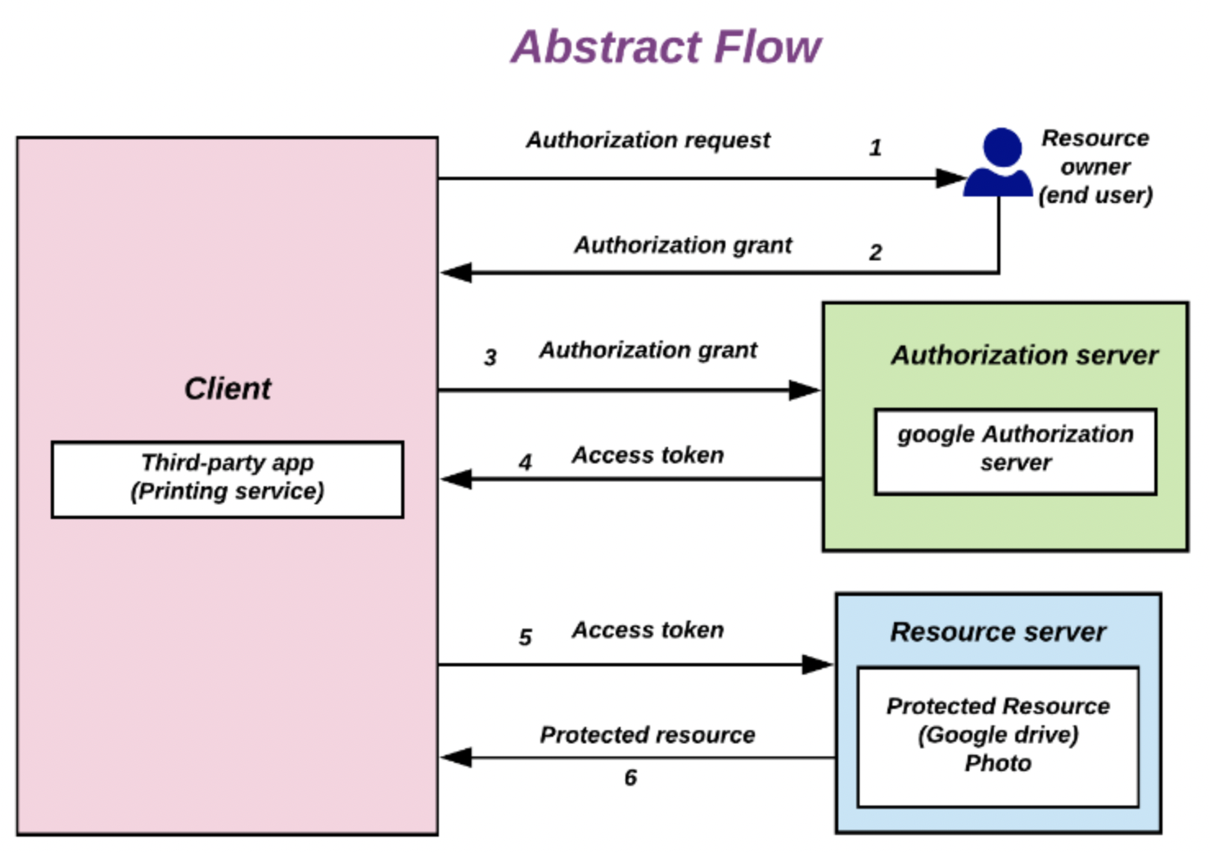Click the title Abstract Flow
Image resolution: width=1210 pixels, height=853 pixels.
point(666,47)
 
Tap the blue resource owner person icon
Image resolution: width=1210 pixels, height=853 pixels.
point(999,164)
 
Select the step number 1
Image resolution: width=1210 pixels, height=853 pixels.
point(875,147)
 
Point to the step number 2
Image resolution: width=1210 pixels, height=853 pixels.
point(875,252)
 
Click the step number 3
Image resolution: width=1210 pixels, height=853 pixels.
point(490,357)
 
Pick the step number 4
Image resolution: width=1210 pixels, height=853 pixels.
point(525,463)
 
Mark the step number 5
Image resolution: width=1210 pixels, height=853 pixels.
point(525,637)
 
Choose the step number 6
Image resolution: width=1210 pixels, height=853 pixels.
point(630,777)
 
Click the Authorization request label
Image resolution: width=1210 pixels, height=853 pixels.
point(648,140)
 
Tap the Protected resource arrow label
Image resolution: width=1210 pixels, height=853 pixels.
point(647,734)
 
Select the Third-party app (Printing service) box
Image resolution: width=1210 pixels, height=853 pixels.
point(228,479)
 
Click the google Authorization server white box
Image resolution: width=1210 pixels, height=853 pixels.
point(1015,450)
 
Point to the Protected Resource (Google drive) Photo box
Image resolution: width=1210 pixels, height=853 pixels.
point(997,735)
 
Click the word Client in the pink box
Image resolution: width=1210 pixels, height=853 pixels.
point(228,388)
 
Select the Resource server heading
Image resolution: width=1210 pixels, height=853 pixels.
point(997,631)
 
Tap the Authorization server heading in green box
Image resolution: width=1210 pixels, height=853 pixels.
point(1024,354)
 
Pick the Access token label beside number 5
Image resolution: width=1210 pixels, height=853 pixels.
point(648,630)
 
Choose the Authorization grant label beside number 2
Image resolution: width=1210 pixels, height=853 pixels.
point(683,245)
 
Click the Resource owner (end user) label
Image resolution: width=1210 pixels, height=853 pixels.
point(1095,166)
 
